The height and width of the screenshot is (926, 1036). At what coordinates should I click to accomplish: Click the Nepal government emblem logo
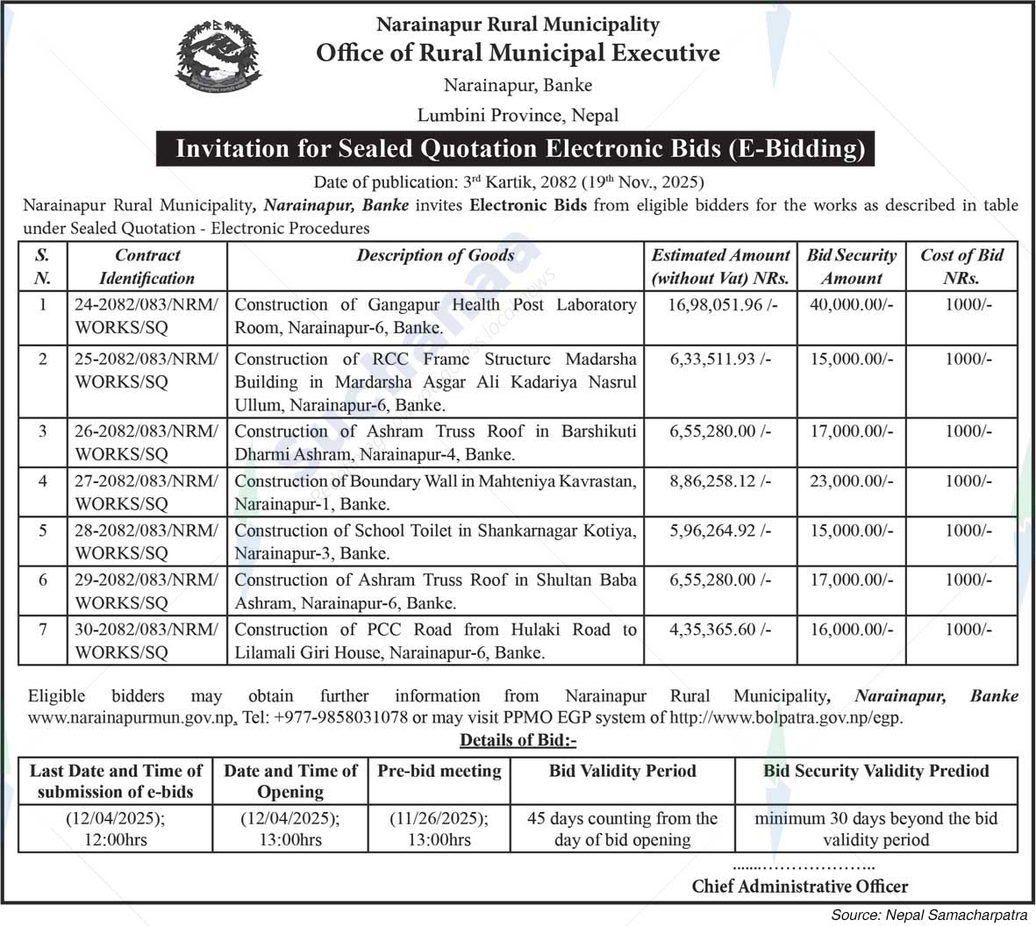pos(218,61)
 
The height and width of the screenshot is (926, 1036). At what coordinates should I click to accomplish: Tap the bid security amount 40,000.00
pos(851,305)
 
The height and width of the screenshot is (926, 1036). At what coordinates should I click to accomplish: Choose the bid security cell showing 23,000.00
pos(851,481)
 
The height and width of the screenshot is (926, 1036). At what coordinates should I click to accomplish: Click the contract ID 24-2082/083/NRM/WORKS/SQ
pos(146,316)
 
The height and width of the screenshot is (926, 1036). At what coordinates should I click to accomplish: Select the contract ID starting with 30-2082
pos(146,641)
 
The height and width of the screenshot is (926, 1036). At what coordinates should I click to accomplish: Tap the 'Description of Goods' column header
pos(435,256)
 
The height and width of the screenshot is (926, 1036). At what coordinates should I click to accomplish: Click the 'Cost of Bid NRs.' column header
pos(961,267)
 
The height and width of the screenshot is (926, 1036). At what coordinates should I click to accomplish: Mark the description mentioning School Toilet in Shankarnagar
pos(435,542)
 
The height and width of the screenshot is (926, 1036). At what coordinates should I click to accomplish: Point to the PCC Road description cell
pos(435,641)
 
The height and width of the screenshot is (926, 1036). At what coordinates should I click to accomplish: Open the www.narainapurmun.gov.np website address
pos(132,717)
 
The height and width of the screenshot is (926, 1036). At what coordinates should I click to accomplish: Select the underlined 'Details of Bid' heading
pos(518,740)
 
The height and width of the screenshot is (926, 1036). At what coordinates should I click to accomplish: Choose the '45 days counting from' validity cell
pos(622,829)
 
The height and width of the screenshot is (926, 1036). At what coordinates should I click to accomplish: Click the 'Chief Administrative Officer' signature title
pos(800,886)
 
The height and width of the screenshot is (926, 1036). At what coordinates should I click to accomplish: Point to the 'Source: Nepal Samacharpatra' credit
pos(929,915)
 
